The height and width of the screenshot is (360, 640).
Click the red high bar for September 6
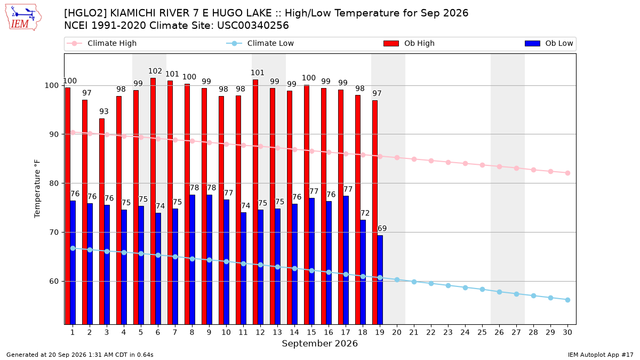point(153,201)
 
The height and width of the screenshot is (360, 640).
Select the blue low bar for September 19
point(380,280)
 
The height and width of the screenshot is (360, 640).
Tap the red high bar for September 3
point(102,221)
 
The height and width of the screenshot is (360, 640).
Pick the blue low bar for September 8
point(193,260)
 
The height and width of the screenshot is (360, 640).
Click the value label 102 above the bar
point(155,71)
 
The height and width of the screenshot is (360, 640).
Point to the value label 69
point(382,228)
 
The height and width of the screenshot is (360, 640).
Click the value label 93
point(103,111)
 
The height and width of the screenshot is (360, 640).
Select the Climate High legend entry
point(101,43)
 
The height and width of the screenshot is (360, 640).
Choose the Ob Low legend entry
point(549,43)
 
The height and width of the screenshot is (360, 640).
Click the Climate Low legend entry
point(260,43)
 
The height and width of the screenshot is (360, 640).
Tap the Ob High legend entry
point(409,43)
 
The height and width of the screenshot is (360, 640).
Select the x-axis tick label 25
point(482,332)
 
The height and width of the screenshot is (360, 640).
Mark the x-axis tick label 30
point(567,332)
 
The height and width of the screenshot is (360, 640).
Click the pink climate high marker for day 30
point(567,173)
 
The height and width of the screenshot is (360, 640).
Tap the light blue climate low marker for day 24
point(466,287)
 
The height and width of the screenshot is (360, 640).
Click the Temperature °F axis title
point(37,189)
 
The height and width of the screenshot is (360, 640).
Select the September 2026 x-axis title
point(319,343)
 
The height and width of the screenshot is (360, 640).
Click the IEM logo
point(23,18)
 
